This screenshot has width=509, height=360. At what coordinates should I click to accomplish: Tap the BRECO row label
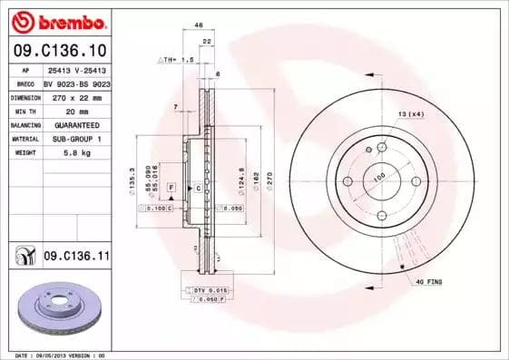click(x=24, y=82)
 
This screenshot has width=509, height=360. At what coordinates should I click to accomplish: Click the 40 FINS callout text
click(x=428, y=282)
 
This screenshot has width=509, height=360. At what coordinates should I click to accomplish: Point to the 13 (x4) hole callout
click(x=409, y=113)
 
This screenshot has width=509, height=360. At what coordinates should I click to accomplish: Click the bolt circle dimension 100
click(x=378, y=177)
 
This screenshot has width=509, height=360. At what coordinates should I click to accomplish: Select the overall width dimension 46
click(x=199, y=26)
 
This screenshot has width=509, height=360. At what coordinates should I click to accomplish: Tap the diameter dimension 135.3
click(x=133, y=179)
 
